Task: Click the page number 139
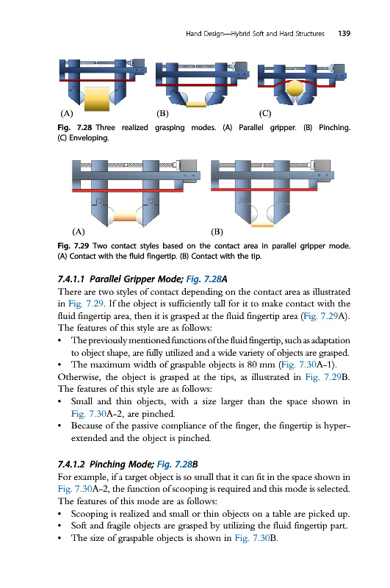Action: click(344, 33)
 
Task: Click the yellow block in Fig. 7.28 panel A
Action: click(97, 99)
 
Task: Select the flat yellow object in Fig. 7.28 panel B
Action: click(196, 104)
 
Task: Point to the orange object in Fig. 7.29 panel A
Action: click(125, 215)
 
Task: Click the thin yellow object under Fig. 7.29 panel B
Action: click(262, 225)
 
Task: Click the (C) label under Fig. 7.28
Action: click(265, 113)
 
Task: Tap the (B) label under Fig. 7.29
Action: click(217, 232)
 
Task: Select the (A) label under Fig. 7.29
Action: click(79, 232)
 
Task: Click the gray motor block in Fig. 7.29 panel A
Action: click(189, 165)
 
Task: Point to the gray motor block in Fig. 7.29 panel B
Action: click(322, 165)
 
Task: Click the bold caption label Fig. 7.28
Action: click(75, 127)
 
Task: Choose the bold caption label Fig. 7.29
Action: click(73, 246)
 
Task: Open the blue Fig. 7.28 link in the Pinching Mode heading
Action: click(175, 465)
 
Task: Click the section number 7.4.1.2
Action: click(71, 465)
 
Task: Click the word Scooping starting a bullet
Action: click(87, 514)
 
